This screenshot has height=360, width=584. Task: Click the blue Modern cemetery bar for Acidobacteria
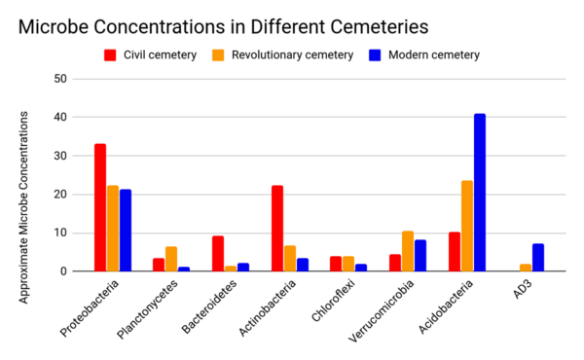click(480, 193)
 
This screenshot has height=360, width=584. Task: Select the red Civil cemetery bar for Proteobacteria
click(100, 207)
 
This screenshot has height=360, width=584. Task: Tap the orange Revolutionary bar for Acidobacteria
click(467, 226)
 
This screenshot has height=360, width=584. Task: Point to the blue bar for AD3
click(538, 258)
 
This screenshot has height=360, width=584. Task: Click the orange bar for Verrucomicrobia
click(408, 251)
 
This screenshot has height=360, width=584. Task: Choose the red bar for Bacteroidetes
click(218, 254)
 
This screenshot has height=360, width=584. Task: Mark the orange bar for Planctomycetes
click(171, 259)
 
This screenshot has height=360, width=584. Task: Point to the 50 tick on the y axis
click(60, 79)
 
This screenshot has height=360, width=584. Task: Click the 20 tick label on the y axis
click(60, 195)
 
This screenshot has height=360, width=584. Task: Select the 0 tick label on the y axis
click(63, 271)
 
